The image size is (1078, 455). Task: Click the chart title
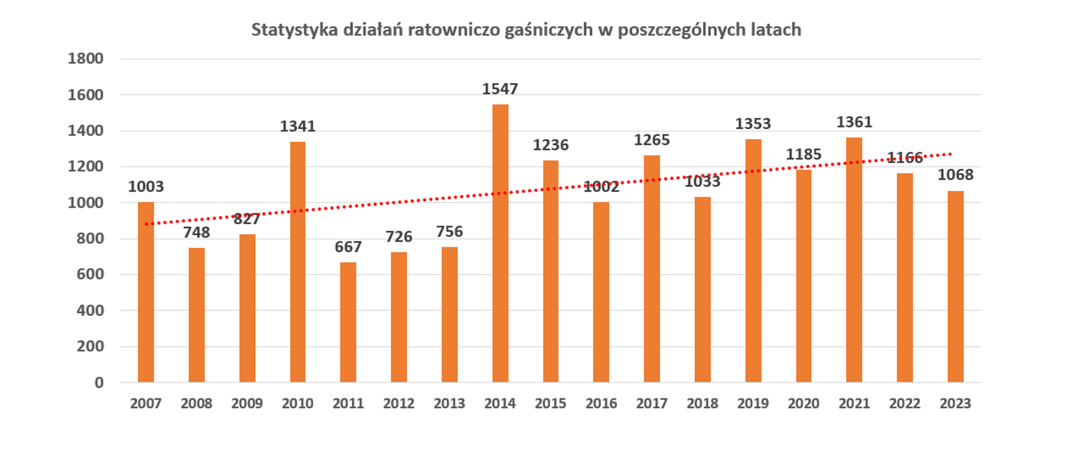click(x=526, y=30)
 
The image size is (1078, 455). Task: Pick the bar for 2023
click(x=956, y=286)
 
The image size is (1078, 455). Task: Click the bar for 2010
click(x=298, y=262)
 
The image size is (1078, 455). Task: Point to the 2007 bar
click(x=146, y=292)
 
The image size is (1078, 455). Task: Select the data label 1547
click(x=500, y=89)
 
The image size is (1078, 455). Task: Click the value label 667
click(x=348, y=247)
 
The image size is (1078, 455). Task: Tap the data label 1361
click(x=854, y=122)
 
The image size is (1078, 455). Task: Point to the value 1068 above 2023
click(x=956, y=175)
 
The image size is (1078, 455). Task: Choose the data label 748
click(x=197, y=232)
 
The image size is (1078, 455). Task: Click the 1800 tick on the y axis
click(x=85, y=58)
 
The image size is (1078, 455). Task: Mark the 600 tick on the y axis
click(x=90, y=274)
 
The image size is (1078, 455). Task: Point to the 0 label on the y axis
click(x=99, y=383)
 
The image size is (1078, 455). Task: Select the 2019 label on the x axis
click(x=753, y=403)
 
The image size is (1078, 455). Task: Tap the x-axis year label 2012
click(x=399, y=403)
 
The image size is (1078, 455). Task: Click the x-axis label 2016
click(x=601, y=403)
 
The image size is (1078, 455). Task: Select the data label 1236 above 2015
click(x=551, y=145)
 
